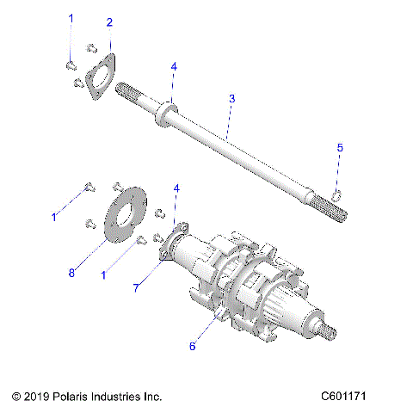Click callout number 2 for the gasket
pos(108,22)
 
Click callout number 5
pos(339,148)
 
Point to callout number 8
pos(71,273)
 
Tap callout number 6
pos(194,346)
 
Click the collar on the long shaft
pos(165,114)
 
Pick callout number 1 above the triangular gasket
pos(71,18)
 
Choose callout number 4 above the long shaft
pos(173,65)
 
